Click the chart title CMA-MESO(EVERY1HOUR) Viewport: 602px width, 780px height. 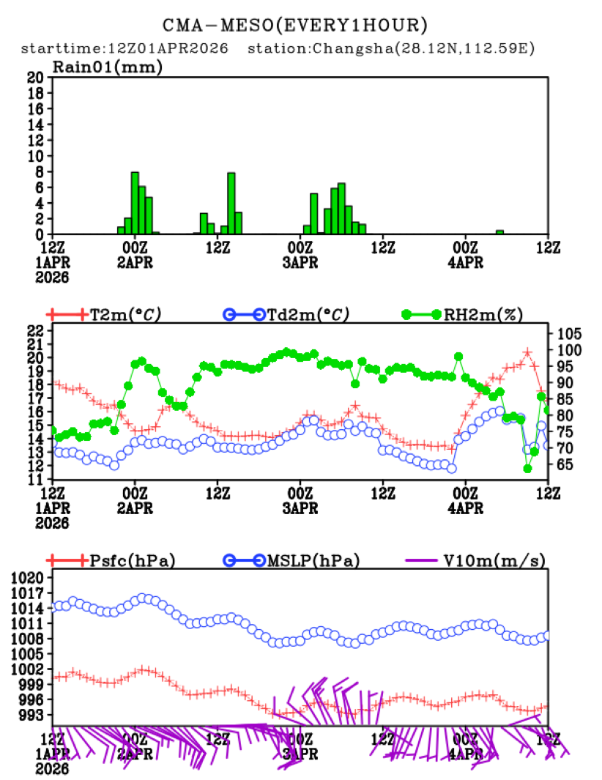coord(294,26)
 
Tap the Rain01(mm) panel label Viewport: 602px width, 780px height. coord(107,67)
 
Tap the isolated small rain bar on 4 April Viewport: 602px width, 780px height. coord(499,231)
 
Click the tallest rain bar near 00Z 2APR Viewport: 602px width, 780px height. coord(135,203)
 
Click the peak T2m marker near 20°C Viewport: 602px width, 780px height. coord(527,353)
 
